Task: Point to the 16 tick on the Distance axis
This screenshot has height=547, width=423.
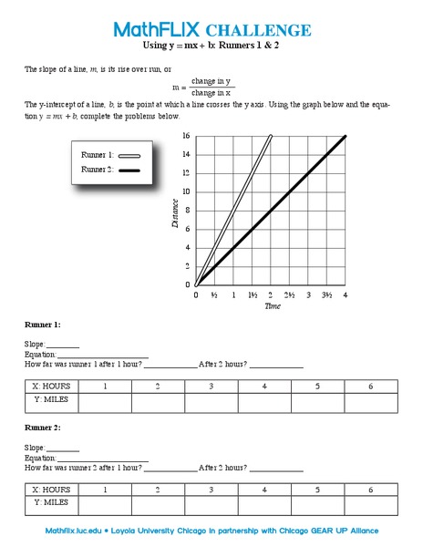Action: click(x=186, y=136)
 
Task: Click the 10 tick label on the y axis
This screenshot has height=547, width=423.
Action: click(x=186, y=191)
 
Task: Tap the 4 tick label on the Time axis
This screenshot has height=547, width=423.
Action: click(x=346, y=295)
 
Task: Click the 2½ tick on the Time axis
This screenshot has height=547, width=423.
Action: click(x=290, y=295)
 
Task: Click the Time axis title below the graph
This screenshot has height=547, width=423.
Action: click(x=272, y=306)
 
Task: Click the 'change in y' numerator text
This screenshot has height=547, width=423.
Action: click(x=211, y=81)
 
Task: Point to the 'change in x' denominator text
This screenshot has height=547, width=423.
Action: click(x=211, y=93)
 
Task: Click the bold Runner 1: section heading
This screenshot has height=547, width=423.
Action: click(x=44, y=325)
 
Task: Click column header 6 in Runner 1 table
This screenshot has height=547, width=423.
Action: click(x=371, y=387)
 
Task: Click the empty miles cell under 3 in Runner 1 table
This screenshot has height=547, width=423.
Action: click(x=211, y=401)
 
